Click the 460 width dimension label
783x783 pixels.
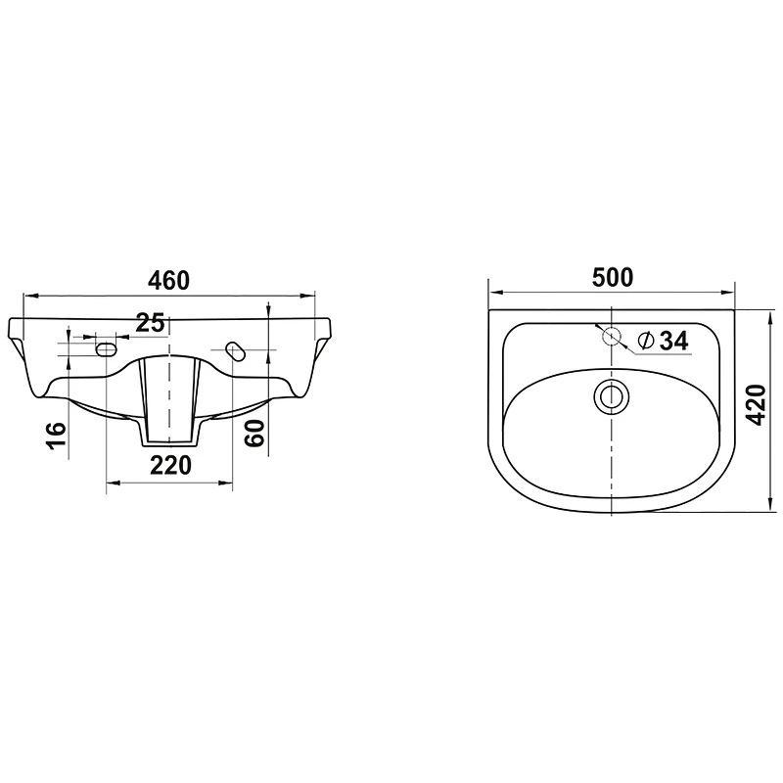point(168,281)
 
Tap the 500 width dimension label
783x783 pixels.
point(613,278)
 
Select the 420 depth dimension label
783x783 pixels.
point(757,405)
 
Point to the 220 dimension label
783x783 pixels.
point(170,466)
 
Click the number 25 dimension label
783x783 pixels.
point(151,323)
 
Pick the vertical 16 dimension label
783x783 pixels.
point(57,436)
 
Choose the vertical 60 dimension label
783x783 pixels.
point(254,433)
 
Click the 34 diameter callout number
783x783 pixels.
point(674,341)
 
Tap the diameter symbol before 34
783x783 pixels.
point(646,341)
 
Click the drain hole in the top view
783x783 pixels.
point(611,397)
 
